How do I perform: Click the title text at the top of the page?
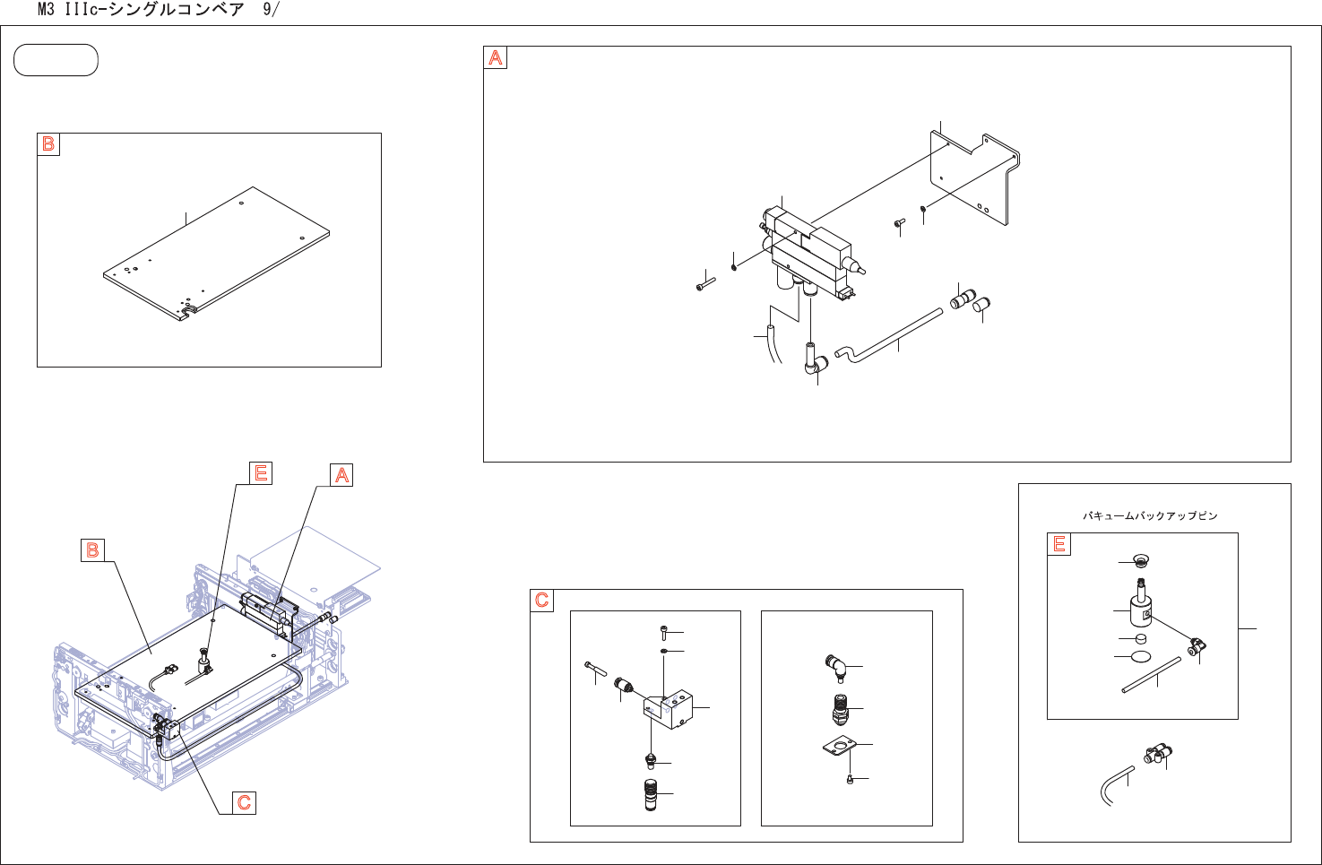pyautogui.click(x=158, y=10)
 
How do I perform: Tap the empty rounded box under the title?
pyautogui.click(x=56, y=60)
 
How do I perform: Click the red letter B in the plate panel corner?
pyautogui.click(x=48, y=143)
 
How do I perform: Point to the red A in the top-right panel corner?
pyautogui.click(x=496, y=58)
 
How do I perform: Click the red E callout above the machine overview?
pyautogui.click(x=261, y=472)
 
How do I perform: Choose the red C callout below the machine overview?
pyautogui.click(x=244, y=802)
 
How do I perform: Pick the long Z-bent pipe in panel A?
pyautogui.click(x=887, y=336)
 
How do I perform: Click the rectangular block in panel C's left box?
pyautogui.click(x=669, y=708)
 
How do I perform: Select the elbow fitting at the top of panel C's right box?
pyautogui.click(x=835, y=666)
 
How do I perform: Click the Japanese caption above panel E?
pyautogui.click(x=1150, y=515)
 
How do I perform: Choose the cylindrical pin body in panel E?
pyautogui.click(x=1140, y=610)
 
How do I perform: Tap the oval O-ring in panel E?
pyautogui.click(x=1141, y=656)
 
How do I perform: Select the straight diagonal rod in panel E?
pyautogui.click(x=1152, y=675)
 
